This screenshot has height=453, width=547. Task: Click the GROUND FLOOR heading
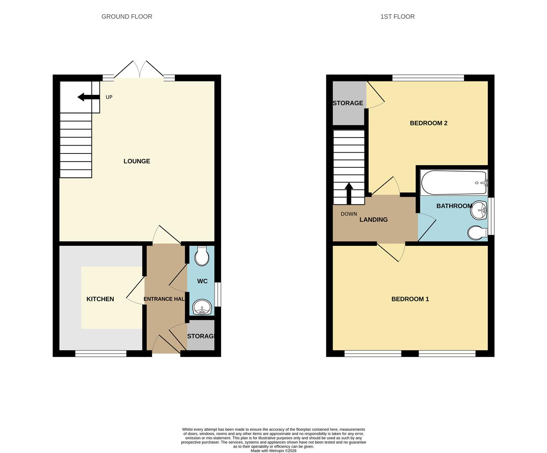[x=127, y=17]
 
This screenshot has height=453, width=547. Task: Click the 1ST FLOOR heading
[x=397, y=17]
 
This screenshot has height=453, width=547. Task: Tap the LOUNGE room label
[x=137, y=161]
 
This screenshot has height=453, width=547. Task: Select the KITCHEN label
[x=100, y=299]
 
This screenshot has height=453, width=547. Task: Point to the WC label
[x=202, y=281]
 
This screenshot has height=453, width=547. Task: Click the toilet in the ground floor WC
[x=202, y=256]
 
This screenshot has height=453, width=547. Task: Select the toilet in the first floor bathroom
[x=477, y=232]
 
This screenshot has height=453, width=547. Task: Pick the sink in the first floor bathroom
[x=479, y=211]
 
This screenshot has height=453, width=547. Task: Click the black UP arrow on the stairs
[x=86, y=97]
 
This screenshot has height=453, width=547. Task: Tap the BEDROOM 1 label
[x=410, y=299]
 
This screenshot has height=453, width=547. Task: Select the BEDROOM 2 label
[x=428, y=123]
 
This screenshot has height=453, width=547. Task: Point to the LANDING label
[x=373, y=220]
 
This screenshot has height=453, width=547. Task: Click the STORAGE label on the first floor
[x=348, y=103]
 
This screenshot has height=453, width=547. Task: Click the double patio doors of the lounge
[x=139, y=70]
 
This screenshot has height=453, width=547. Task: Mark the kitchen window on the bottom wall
[x=101, y=354]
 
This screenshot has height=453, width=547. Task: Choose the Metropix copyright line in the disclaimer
[x=273, y=451]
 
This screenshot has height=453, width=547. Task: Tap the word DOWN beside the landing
[x=349, y=214]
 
